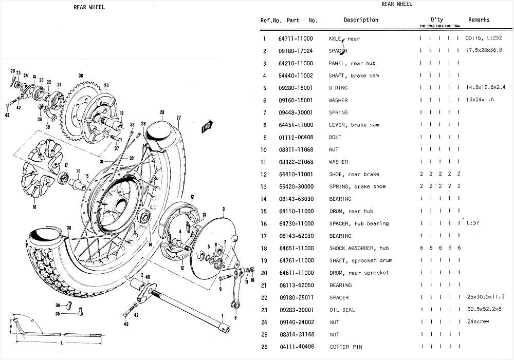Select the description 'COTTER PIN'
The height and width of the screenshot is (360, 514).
(345, 347)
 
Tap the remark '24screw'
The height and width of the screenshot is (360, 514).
(478, 322)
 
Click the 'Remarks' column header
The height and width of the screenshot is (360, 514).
(479, 20)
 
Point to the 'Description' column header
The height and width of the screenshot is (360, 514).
(360, 20)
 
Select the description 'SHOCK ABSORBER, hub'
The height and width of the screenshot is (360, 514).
(358, 248)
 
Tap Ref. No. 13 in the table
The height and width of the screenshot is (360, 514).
(264, 186)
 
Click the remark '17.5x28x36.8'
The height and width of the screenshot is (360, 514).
(484, 51)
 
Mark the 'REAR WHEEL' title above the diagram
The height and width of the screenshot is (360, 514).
(90, 7)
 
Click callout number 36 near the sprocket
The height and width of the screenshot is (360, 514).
(81, 75)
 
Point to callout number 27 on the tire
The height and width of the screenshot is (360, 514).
(179, 118)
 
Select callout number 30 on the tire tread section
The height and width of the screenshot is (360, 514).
(68, 228)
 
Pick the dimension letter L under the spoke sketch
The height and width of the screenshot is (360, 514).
(61, 343)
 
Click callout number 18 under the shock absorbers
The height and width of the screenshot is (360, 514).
(34, 207)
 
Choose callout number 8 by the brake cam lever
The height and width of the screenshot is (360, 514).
(235, 317)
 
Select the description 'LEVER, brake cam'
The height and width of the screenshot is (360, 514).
(353, 125)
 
